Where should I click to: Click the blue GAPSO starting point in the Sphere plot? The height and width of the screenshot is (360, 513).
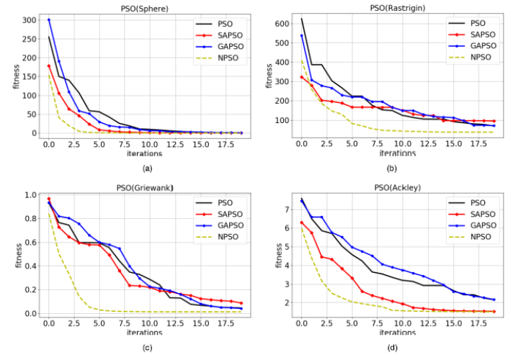pyautogui.click(x=49, y=19)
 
